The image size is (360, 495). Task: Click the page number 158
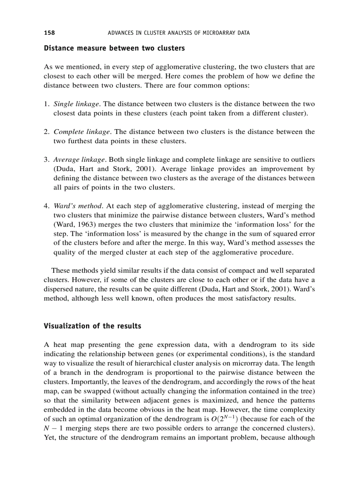49,33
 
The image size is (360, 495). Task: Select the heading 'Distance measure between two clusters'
114,48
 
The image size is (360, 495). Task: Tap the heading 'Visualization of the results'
93,326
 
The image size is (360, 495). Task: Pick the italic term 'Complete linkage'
82,132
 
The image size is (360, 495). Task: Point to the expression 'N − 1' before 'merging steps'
52,428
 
